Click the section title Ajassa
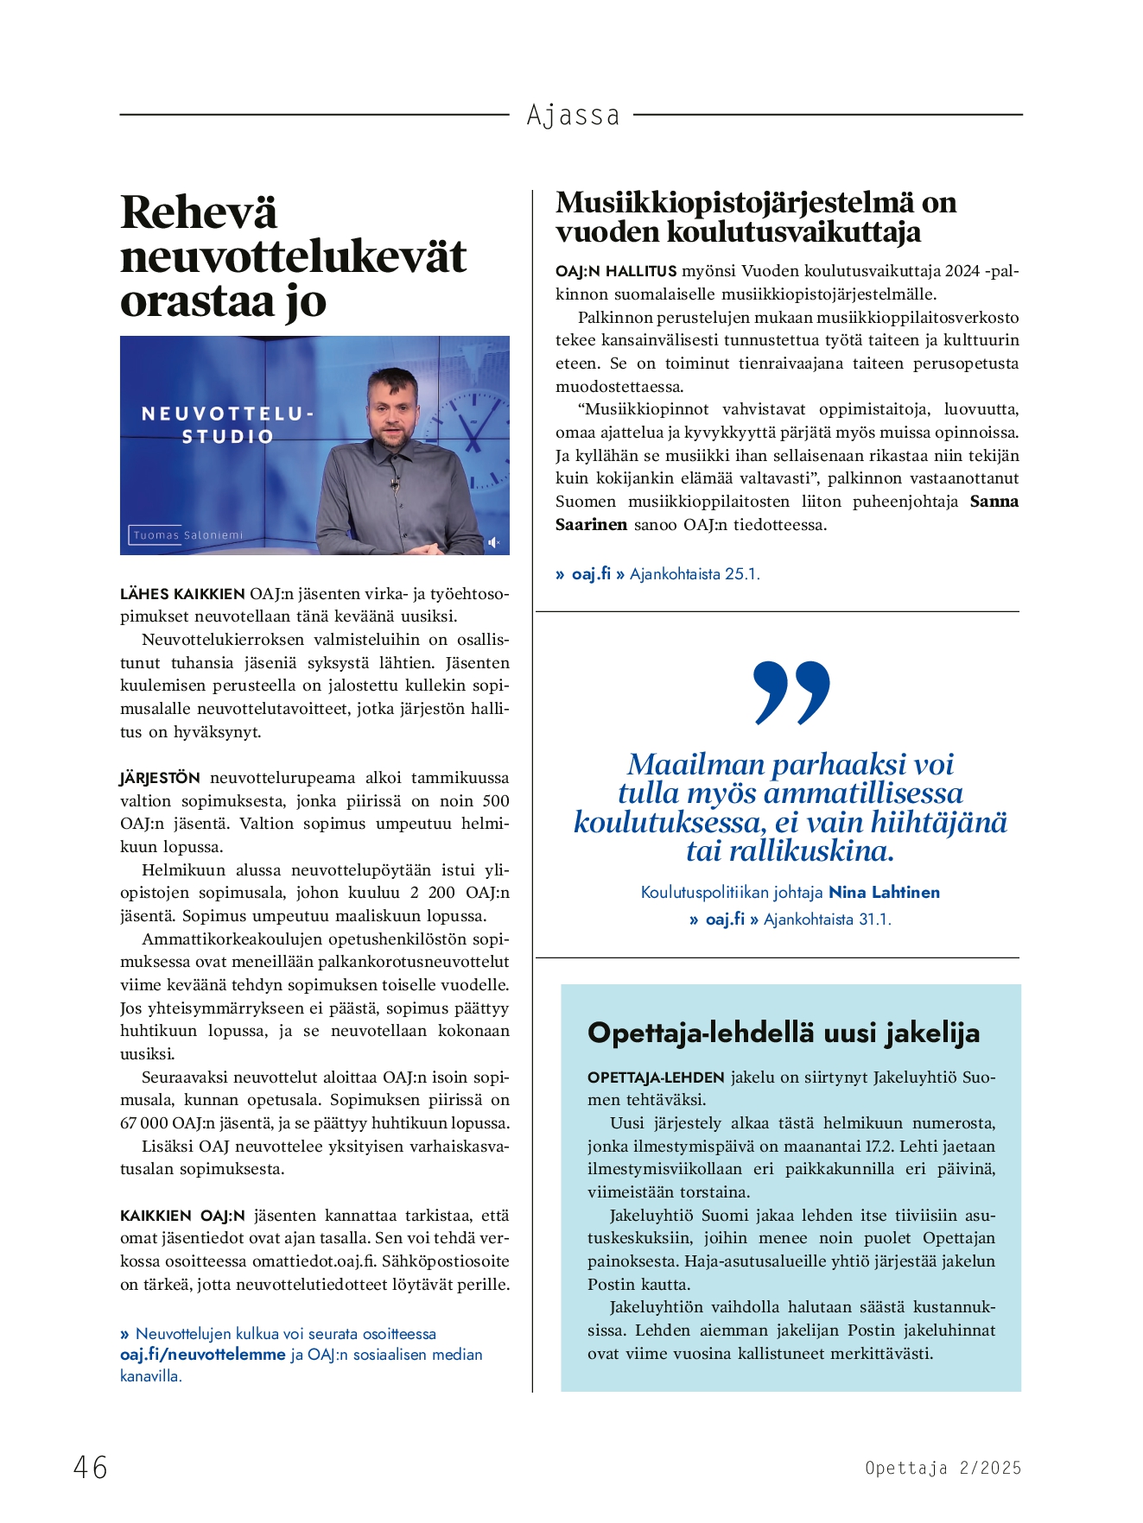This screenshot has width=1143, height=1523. coord(573,115)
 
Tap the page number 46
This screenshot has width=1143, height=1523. coord(91,1467)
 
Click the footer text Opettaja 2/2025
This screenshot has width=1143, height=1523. coord(943,1468)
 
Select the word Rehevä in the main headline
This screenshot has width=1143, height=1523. coord(199,212)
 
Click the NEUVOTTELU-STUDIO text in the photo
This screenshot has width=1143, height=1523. coord(227,425)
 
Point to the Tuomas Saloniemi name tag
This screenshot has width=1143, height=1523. coord(187,535)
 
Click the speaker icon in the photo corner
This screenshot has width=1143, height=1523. coord(493,542)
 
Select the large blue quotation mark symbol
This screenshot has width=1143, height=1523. coord(791,692)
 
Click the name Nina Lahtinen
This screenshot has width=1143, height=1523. coord(884,892)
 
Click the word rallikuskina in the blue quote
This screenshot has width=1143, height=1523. coord(810,851)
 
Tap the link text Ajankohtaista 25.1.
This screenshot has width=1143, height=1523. coord(695,574)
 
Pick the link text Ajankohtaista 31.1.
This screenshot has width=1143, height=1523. coord(827,919)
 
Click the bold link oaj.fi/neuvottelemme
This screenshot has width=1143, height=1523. coord(202,1355)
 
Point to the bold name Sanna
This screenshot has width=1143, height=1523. coord(994,502)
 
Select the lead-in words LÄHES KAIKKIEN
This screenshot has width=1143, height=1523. coord(182,594)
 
